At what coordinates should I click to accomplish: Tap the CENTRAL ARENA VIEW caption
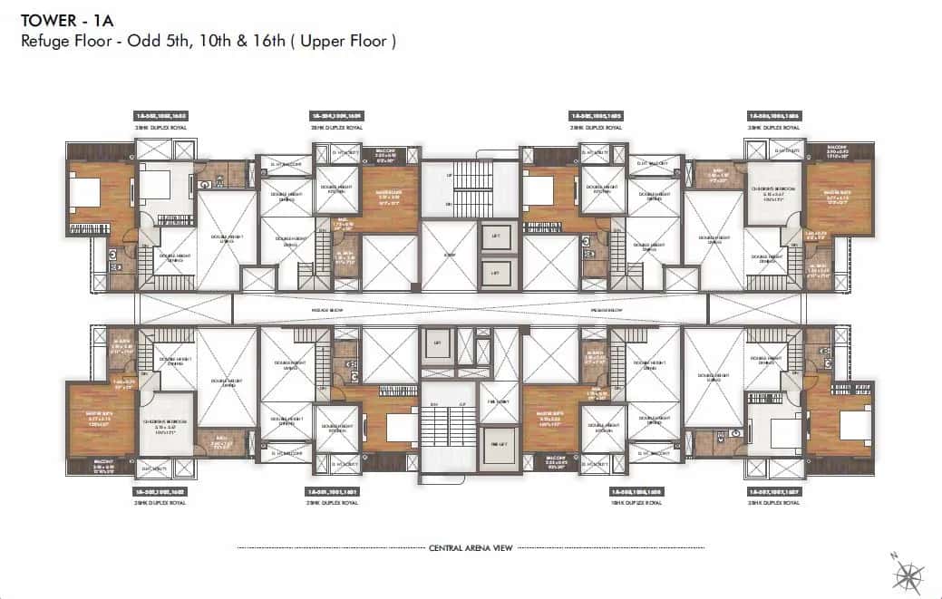pyautogui.click(x=471, y=548)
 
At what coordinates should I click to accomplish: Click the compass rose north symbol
pyautogui.click(x=908, y=572)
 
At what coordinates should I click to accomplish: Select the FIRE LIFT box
pyautogui.click(x=498, y=444)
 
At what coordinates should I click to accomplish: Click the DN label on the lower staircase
pyautogui.click(x=434, y=403)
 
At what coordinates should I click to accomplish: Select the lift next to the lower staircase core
pyautogui.click(x=438, y=343)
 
